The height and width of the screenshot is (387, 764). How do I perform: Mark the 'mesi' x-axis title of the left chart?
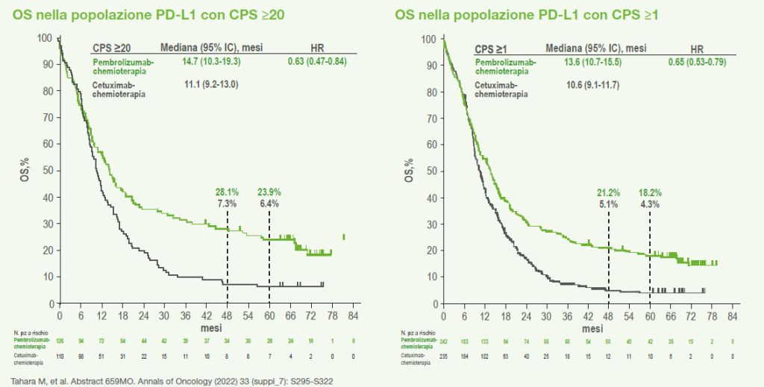pyautogui.click(x=210, y=327)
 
